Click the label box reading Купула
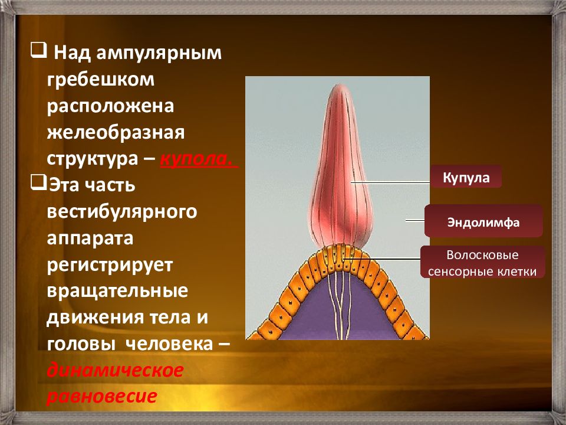click(x=466, y=176)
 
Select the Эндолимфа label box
click(x=483, y=221)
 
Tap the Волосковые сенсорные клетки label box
click(x=482, y=262)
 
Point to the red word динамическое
click(x=115, y=371)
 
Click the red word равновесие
click(x=102, y=396)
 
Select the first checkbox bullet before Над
click(x=38, y=51)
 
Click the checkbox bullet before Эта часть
click(x=38, y=183)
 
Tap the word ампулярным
click(x=159, y=54)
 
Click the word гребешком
click(x=101, y=80)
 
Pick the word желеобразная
click(x=116, y=132)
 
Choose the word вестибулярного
click(x=122, y=212)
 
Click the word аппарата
click(x=90, y=238)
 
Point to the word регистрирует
click(x=110, y=265)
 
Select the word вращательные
click(x=117, y=291)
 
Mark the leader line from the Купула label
click(x=390, y=182)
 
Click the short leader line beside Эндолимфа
click(x=414, y=220)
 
